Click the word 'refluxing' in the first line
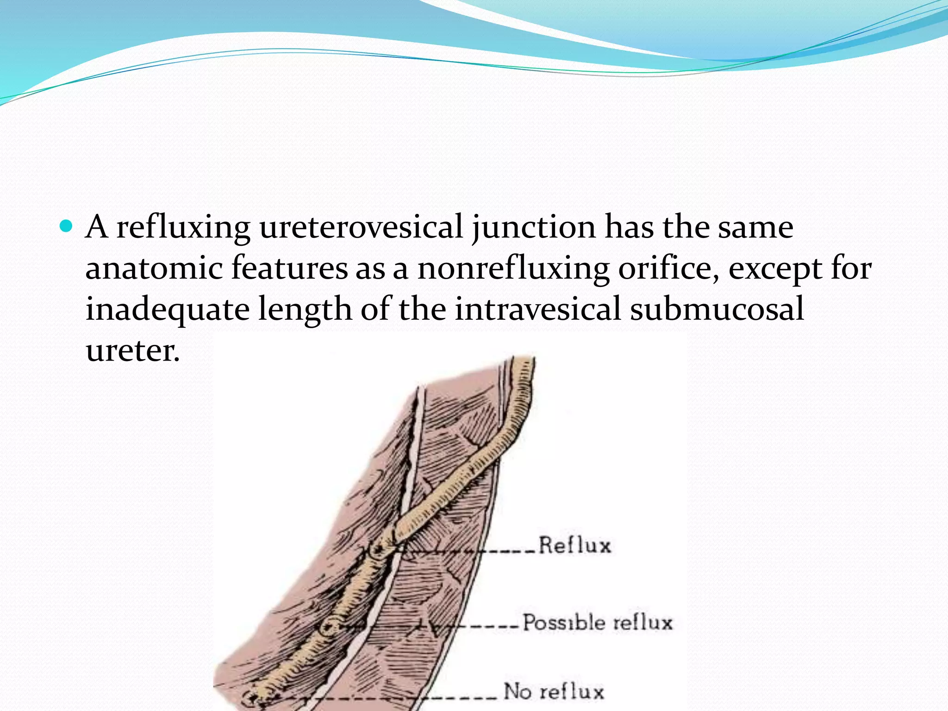pyautogui.click(x=183, y=228)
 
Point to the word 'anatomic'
pyautogui.click(x=154, y=268)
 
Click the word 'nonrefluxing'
pyautogui.click(x=513, y=269)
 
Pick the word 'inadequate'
pyautogui.click(x=168, y=309)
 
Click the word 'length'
pyautogui.click(x=305, y=309)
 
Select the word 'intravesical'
pyautogui.click(x=537, y=309)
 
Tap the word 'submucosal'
pyautogui.click(x=717, y=309)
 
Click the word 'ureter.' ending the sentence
pyautogui.click(x=132, y=351)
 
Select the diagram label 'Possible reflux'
pyautogui.click(x=597, y=623)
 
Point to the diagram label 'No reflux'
pyautogui.click(x=554, y=692)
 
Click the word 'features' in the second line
pyautogui.click(x=289, y=268)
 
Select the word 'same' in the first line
pyautogui.click(x=755, y=228)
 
